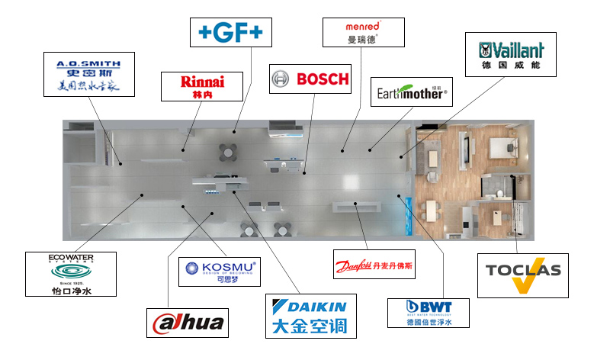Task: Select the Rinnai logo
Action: coord(201,86)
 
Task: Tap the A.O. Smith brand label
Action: coord(90,74)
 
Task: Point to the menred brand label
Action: coord(363,31)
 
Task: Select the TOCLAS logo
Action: coord(522,275)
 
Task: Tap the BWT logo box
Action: coord(428,313)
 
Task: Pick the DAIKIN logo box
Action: coord(310,316)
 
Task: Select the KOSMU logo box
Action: coord(219,271)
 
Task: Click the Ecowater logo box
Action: coord(70,274)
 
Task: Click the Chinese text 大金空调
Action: coord(310,326)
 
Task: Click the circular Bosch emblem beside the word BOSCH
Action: coord(281,79)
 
